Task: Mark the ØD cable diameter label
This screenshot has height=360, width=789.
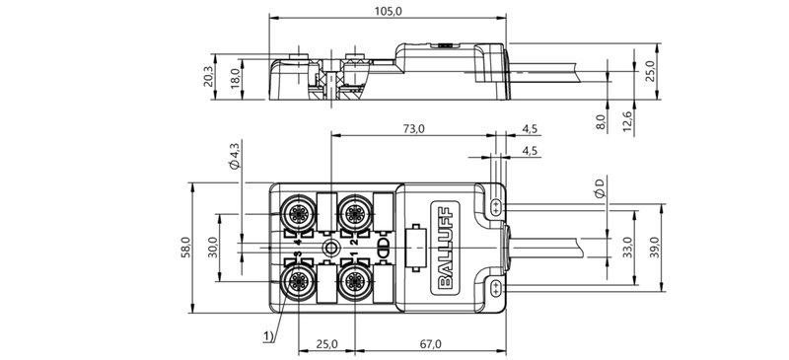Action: (601, 186)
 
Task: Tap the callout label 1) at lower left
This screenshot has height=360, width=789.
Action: (268, 335)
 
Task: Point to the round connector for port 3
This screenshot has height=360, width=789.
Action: (297, 281)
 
